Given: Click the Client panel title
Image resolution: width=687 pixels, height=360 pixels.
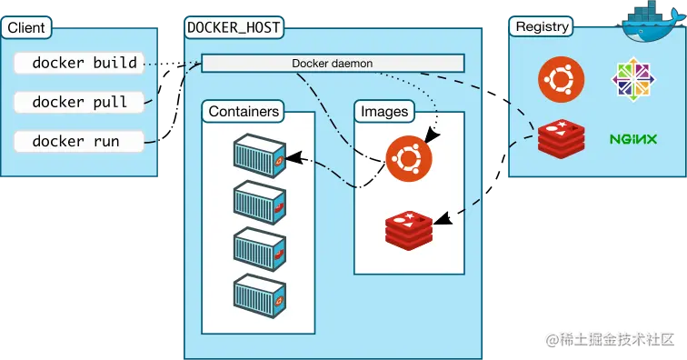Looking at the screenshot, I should coord(26,27).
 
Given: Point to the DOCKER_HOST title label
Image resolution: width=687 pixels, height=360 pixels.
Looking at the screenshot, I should coord(234,27).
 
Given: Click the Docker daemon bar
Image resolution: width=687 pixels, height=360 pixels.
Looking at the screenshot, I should coord(332,64).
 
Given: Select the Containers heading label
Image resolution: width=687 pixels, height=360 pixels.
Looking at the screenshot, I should coord(244,112).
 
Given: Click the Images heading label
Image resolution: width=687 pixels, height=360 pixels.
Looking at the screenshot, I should coord(384,112).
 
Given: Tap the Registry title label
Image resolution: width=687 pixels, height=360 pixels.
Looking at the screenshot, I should coord(542,26).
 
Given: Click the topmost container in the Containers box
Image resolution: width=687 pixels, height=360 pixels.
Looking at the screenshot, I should coord(259,155).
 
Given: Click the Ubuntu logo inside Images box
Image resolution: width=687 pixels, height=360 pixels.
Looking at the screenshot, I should coord(408,158).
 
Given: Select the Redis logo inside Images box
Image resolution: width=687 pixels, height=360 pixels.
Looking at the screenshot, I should coord(408,227).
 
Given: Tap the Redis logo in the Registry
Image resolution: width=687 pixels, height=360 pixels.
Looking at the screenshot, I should coord(560,137).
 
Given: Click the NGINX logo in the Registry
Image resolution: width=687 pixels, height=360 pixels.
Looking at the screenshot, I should coord(633,139).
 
